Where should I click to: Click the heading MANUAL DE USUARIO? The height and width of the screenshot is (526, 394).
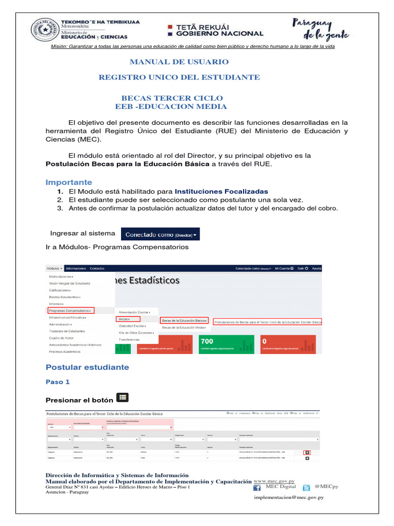(x=179, y=62)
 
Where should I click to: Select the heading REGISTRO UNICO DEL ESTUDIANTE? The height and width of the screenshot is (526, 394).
(x=179, y=77)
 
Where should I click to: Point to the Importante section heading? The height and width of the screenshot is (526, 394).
(x=69, y=182)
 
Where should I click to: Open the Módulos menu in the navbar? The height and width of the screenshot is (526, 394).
(x=54, y=269)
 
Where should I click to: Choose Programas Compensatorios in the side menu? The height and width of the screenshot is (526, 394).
(x=70, y=311)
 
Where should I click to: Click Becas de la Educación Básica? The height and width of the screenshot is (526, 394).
(x=185, y=321)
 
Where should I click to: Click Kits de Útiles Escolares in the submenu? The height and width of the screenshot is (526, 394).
(x=136, y=333)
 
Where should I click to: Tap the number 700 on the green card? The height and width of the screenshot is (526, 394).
(x=207, y=341)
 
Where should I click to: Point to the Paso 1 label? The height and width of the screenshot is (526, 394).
(x=57, y=382)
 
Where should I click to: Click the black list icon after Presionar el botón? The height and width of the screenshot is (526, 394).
(x=123, y=397)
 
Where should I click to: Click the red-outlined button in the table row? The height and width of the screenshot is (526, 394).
(x=307, y=452)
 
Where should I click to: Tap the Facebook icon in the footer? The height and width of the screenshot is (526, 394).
(x=258, y=487)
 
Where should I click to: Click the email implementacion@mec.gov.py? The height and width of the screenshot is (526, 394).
(x=288, y=497)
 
